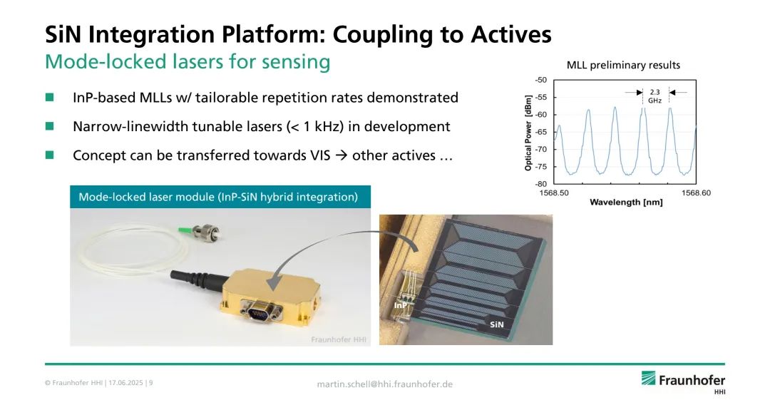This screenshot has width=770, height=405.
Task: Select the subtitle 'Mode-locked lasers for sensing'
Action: pyautogui.click(x=188, y=62)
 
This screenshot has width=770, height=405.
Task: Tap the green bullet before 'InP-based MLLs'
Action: pyautogui.click(x=49, y=97)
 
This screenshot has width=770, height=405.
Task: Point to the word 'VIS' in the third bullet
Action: pyautogui.click(x=318, y=155)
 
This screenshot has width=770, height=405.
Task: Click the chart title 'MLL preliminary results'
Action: pyautogui.click(x=623, y=65)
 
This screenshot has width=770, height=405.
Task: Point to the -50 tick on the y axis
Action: pyautogui.click(x=540, y=80)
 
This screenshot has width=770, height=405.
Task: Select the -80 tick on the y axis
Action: pyautogui.click(x=540, y=184)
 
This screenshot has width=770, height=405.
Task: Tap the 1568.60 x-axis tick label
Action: pyautogui.click(x=695, y=193)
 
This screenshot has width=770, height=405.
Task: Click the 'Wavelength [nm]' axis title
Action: pyautogui.click(x=626, y=202)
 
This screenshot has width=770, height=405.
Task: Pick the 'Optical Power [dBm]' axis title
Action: pyautogui.click(x=528, y=133)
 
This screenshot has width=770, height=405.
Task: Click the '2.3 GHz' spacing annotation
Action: pyautogui.click(x=654, y=96)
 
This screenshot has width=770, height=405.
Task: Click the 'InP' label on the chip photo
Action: pyautogui.click(x=401, y=304)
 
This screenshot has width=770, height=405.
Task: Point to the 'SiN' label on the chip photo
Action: pyautogui.click(x=497, y=324)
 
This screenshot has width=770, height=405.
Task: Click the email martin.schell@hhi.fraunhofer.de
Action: pyautogui.click(x=384, y=384)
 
